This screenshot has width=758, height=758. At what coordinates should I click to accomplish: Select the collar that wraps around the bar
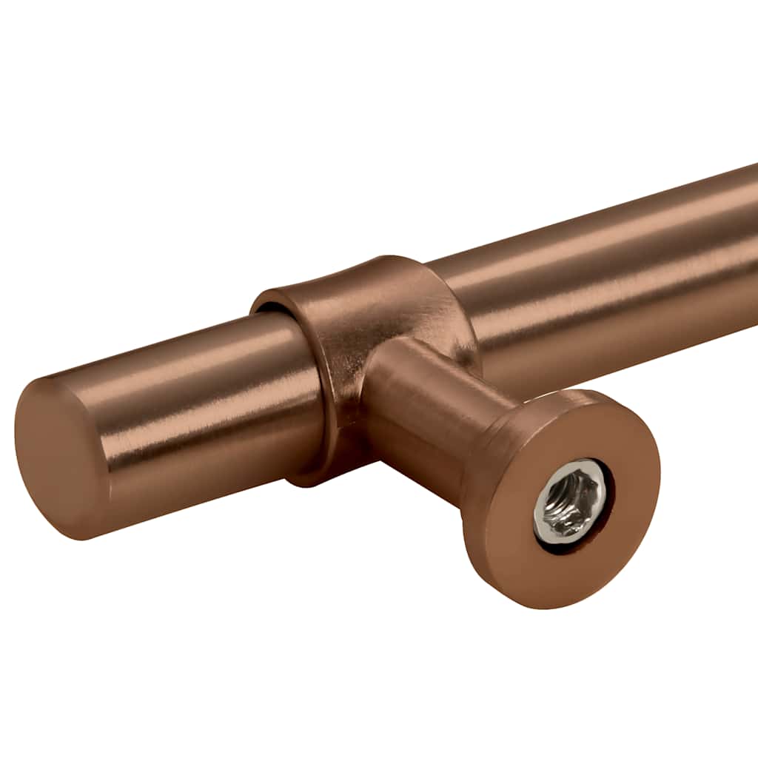pyautogui.click(x=355, y=311)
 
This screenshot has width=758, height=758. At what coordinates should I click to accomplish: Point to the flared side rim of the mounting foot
pyautogui.click(x=481, y=474)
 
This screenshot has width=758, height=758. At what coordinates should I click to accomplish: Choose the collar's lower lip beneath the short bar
pyautogui.click(x=311, y=474)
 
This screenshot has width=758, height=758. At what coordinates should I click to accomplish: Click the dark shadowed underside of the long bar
pyautogui.click(x=629, y=348)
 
